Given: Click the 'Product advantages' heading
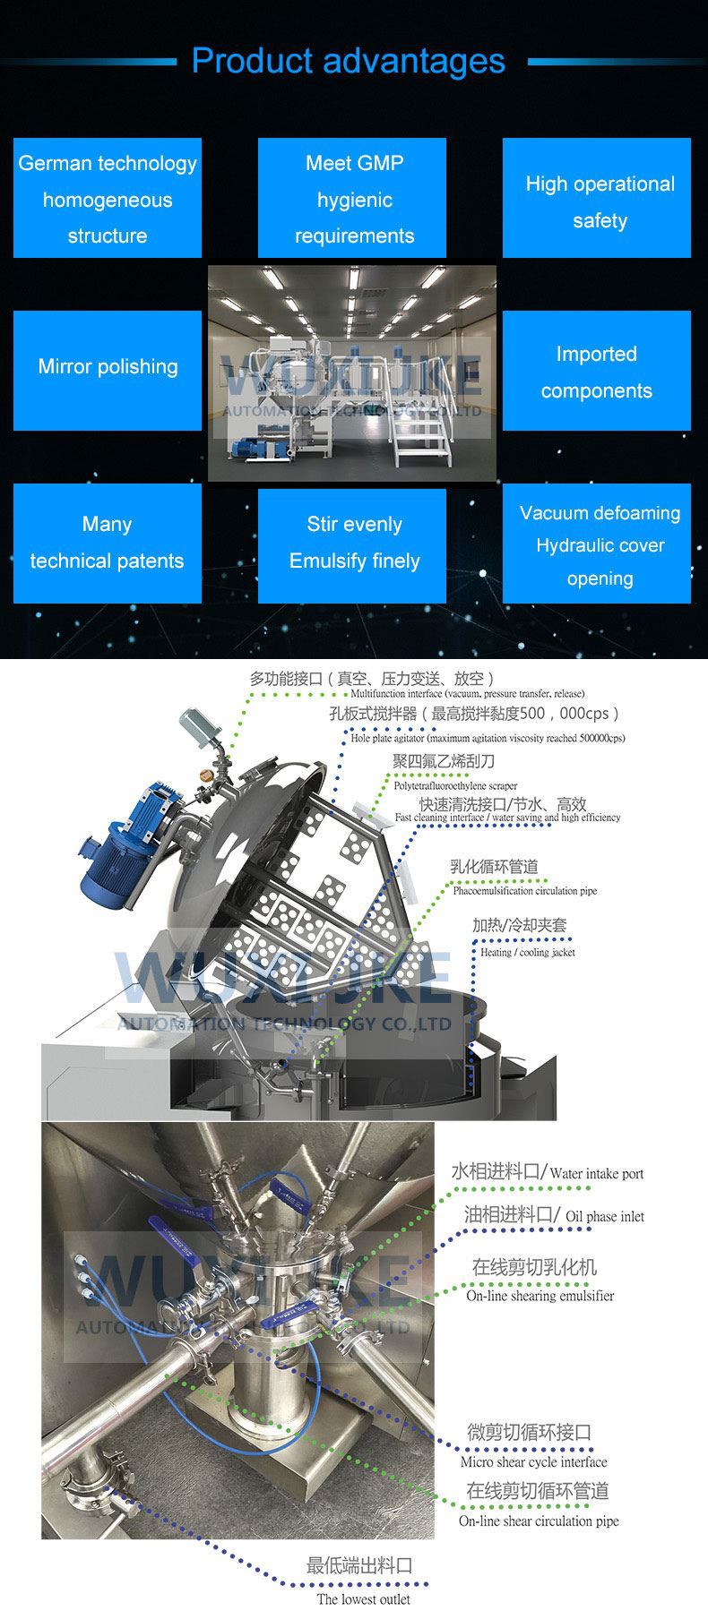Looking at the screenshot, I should (348, 61).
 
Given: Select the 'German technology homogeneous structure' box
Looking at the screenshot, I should (108, 198).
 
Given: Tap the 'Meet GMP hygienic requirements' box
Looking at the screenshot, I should (352, 198).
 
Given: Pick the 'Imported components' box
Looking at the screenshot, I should (597, 371).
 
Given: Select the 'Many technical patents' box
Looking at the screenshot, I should (108, 543).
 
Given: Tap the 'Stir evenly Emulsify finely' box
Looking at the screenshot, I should (352, 543).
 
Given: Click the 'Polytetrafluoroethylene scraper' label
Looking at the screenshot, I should (455, 785).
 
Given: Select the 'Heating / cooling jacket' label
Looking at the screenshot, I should (528, 952).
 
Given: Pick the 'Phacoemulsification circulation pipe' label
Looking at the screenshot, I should (524, 890).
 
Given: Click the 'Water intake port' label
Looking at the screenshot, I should (596, 1173).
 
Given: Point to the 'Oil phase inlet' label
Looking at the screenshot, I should (605, 1216).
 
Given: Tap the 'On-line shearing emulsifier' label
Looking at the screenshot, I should (540, 1295).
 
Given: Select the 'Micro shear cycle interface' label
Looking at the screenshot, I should (533, 1461).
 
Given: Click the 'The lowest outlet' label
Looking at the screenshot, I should (363, 1598).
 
